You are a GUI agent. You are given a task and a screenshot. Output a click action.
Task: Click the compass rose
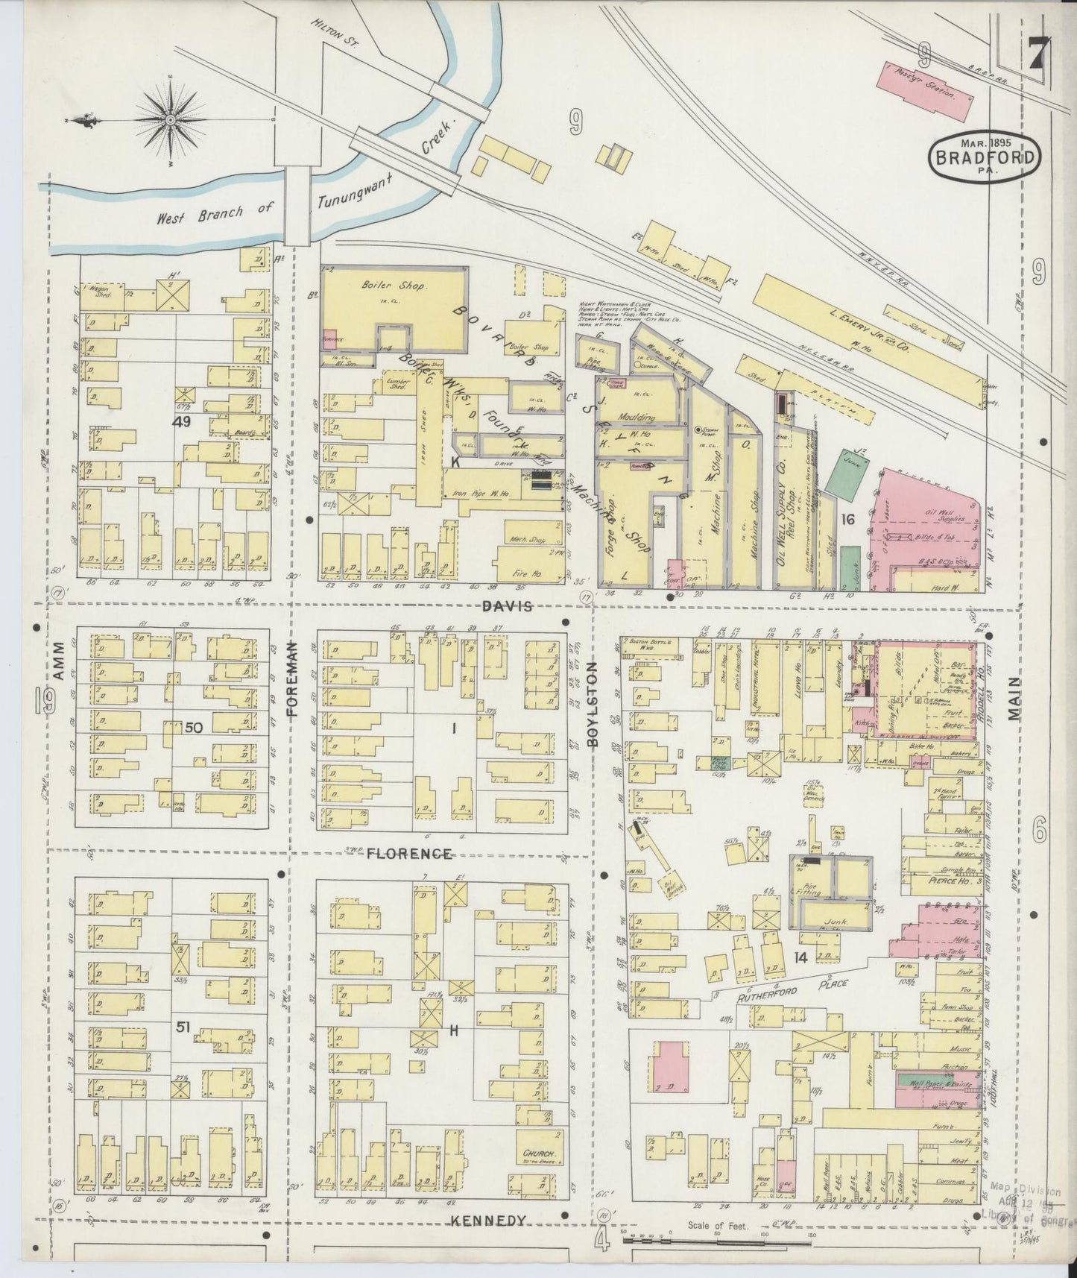171,119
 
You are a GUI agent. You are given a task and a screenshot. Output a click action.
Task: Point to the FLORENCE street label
409,854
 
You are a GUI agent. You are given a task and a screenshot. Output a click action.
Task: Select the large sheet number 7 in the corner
1035,56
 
